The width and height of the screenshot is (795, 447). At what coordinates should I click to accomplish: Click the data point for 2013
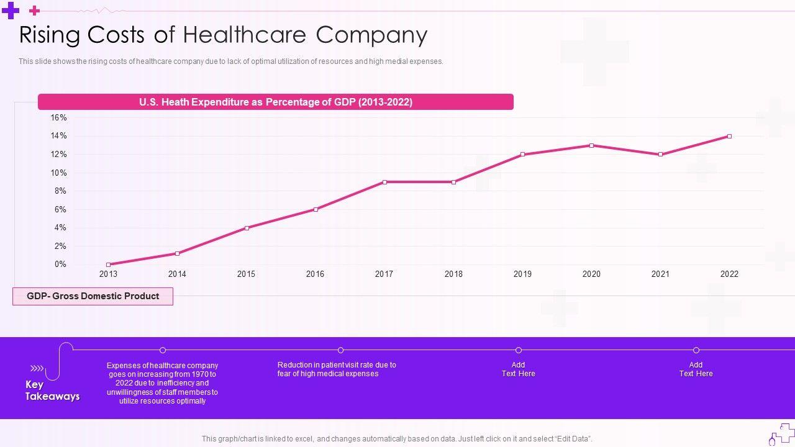coord(108,264)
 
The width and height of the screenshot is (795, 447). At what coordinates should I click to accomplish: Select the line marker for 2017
coord(384,182)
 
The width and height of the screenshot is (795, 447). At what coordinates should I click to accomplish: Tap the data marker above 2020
coord(591,145)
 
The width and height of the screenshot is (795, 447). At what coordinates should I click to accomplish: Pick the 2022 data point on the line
coord(729,136)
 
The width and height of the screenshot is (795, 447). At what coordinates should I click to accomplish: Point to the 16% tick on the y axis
coord(59,117)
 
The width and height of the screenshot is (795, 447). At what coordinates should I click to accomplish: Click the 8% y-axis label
coord(60,191)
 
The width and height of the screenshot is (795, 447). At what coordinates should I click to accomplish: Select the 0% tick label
coord(60,264)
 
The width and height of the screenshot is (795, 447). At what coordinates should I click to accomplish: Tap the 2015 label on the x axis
coord(246,274)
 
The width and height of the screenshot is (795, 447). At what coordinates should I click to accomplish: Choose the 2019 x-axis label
coord(522,274)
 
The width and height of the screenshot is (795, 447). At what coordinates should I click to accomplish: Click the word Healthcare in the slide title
coord(245,35)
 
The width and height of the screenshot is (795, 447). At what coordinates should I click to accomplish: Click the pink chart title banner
coord(276,102)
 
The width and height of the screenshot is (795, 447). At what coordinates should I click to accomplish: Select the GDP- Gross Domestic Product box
coord(93,296)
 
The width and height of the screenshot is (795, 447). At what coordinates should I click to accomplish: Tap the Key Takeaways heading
coord(52,391)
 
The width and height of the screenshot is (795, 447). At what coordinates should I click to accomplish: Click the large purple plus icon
coord(11,11)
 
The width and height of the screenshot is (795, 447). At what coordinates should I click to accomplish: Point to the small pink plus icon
coord(35,11)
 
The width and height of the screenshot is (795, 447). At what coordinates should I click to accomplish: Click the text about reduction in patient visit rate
coord(337,369)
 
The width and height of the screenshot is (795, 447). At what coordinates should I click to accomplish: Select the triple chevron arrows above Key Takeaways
coord(37,368)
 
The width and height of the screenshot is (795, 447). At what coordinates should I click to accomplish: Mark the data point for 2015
coord(247,228)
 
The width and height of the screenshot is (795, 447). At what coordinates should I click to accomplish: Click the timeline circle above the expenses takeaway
coord(163,350)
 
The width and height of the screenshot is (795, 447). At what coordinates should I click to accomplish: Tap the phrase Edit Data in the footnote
coord(572,439)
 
